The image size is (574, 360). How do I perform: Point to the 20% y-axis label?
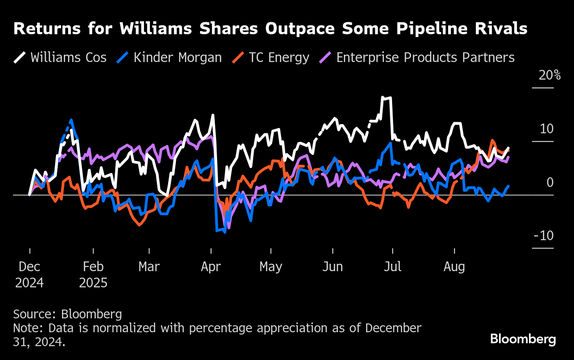(549, 75)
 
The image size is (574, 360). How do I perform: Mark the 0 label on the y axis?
(549, 182)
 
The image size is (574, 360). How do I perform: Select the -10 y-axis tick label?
(543, 236)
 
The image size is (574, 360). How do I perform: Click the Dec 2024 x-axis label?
(30, 274)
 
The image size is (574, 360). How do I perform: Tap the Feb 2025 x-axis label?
(93, 274)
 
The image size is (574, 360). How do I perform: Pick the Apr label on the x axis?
(211, 267)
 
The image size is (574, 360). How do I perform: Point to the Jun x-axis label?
(332, 267)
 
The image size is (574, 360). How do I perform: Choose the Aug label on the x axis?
(454, 267)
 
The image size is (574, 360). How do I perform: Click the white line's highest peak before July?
(383, 97)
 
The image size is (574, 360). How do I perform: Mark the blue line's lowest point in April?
(225, 232)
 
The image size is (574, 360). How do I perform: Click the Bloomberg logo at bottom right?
(523, 339)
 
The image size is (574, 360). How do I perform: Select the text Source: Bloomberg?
(68, 314)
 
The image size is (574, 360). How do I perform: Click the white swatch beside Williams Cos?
(19, 57)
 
